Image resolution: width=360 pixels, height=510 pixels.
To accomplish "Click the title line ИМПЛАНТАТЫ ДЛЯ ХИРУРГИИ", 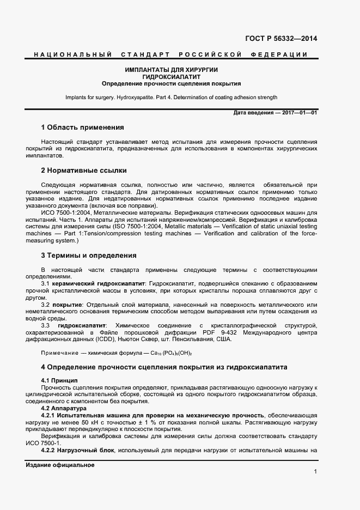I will (x=172, y=70).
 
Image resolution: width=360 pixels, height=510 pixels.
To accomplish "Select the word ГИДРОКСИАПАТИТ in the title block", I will (x=172, y=77).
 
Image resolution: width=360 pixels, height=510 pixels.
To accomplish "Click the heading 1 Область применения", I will (x=82, y=127).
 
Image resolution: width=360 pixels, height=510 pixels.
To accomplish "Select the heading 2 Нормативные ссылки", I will (x=83, y=170).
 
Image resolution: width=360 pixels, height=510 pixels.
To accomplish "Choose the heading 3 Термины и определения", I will (x=89, y=255).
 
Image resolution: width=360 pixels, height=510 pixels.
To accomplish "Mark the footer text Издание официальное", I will (x=60, y=465).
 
